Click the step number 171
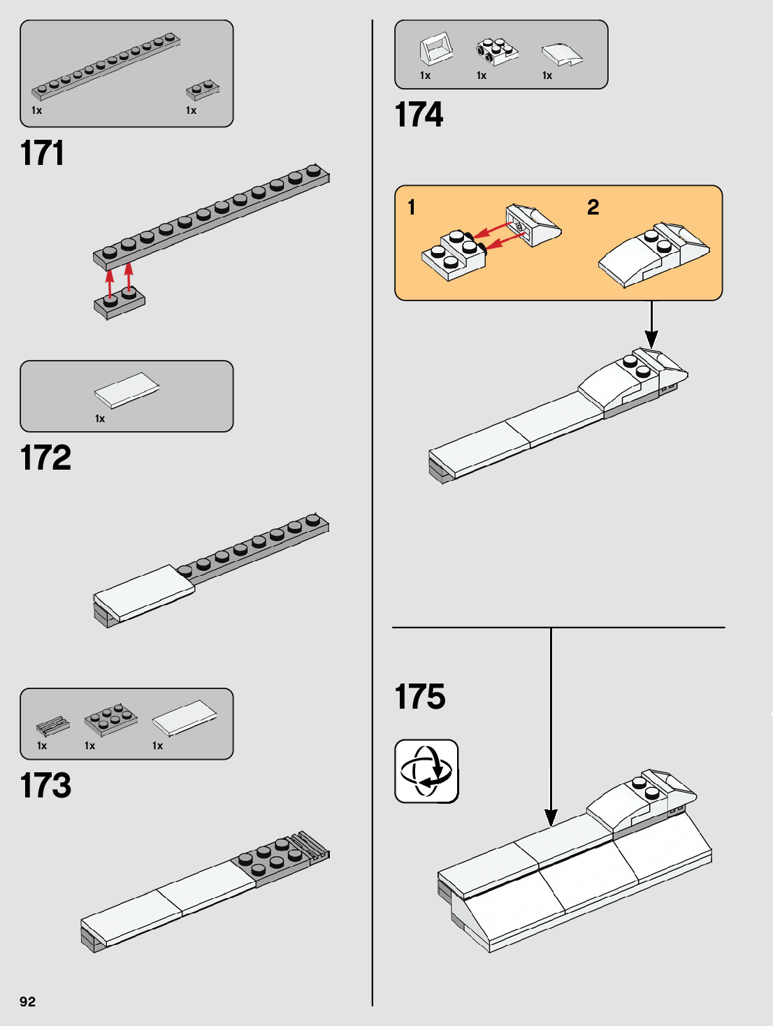point(42,153)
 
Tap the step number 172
point(45,458)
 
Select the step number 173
point(45,785)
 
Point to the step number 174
point(419,115)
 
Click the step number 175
point(419,697)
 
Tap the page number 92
point(27,1002)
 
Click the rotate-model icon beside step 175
point(426,772)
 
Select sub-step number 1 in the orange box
point(412,208)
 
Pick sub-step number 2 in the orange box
point(593,208)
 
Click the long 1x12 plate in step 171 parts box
point(105,66)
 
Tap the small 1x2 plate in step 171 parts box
point(203,90)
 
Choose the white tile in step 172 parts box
point(127,389)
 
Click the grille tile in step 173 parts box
point(52,726)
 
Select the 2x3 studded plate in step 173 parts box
point(110,719)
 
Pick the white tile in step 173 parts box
point(185,718)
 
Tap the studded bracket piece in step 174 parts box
point(497,51)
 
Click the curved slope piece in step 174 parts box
point(562,54)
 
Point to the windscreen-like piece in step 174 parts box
point(436,49)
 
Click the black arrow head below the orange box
point(651,340)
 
